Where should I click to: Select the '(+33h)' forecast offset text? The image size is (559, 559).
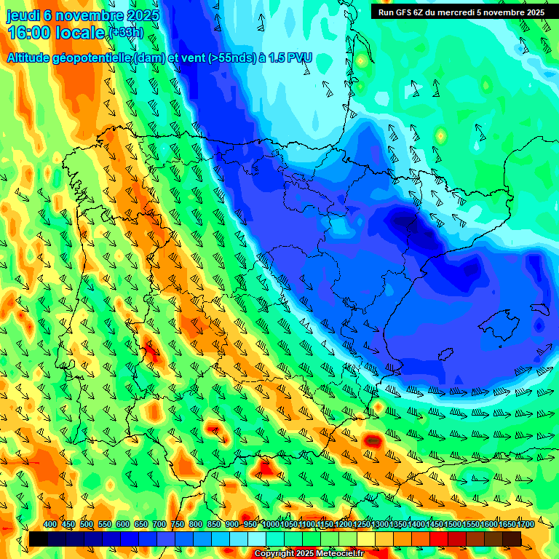pyautogui.click(x=126, y=33)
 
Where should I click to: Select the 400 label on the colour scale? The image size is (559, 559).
pyautogui.click(x=49, y=525)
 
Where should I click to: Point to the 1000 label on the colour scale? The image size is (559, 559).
pyautogui.click(x=270, y=525)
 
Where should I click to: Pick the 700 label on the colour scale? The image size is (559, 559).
pyautogui.click(x=159, y=525)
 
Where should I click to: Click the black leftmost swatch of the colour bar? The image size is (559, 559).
pyautogui.click(x=39, y=539)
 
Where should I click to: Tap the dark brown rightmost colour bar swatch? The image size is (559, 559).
pyautogui.click(x=512, y=539)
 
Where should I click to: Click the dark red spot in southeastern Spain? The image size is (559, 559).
pyautogui.click(x=373, y=440)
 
